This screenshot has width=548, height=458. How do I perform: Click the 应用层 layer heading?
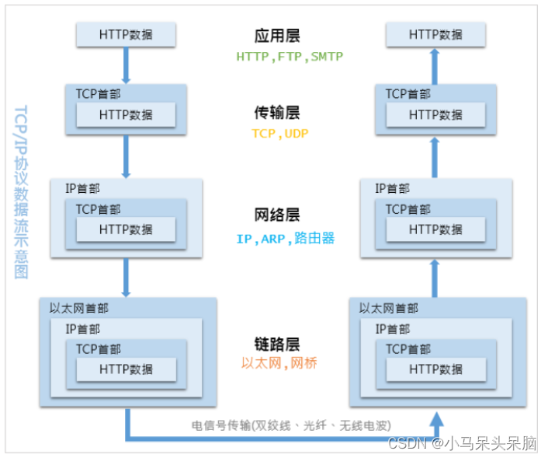coord(277,36)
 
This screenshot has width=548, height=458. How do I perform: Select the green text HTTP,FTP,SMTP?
coord(290,57)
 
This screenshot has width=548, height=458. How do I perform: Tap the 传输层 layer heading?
coord(277,112)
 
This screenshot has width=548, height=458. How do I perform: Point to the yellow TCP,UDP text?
coord(280,133)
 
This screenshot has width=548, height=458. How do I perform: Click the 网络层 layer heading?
coord(277,215)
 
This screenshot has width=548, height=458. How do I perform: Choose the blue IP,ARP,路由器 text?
coord(286,239)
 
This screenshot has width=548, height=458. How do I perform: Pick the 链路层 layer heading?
coord(277,344)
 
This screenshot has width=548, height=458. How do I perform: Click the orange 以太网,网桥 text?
coord(279,362)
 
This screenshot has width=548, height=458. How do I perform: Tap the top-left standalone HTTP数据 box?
coord(126,34)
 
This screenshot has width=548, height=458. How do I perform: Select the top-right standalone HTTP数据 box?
coord(436,34)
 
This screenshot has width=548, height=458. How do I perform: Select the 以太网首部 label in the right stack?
coord(389,308)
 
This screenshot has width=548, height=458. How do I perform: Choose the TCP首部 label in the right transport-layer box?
coord(408,93)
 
